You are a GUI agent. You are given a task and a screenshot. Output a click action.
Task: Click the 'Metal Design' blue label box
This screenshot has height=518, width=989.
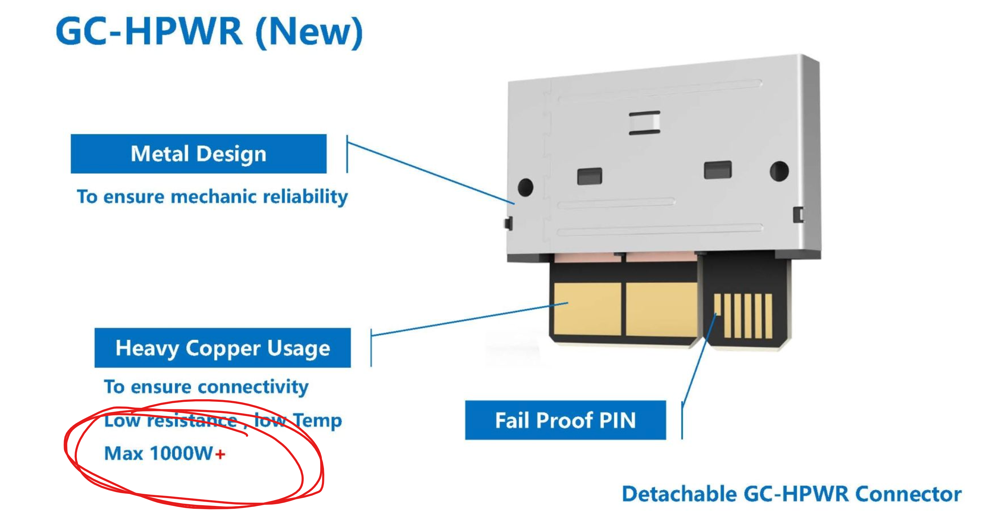pos(199,153)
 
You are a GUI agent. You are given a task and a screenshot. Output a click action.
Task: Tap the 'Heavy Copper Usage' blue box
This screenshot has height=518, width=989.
pos(223,347)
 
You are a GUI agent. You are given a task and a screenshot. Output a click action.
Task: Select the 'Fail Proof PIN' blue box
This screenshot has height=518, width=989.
pos(566,420)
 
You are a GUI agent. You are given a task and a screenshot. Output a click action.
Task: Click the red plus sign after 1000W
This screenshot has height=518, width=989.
pos(220,454)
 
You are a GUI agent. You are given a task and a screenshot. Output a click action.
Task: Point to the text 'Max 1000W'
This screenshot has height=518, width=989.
pos(158,453)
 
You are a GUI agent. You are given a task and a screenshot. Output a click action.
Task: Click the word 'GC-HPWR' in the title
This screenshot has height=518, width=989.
pos(149,32)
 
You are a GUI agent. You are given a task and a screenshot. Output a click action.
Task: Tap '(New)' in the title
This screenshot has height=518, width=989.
pos(309,33)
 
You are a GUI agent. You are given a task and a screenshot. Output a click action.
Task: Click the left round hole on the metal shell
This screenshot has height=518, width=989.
pos(525,187)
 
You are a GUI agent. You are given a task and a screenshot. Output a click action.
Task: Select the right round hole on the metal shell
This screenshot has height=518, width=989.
pos(779,171)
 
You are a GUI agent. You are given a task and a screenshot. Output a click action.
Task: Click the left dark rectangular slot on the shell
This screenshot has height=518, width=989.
pos(590,176)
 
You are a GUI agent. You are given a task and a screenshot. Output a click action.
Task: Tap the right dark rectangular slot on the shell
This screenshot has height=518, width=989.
pos(718,170)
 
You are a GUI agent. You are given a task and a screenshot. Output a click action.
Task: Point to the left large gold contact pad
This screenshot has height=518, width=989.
pos(588,309)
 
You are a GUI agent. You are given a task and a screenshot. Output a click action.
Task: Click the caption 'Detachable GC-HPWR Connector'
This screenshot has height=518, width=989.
pos(791,494)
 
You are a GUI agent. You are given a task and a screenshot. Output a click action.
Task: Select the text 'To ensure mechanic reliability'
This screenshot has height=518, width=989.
pos(212,197)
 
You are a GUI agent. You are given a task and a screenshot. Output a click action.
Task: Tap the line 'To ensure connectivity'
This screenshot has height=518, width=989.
pos(206,387)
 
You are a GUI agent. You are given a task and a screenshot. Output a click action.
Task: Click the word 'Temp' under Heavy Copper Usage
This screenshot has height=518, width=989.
pos(318,420)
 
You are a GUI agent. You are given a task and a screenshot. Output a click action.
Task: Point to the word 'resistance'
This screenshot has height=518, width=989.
pos(192,420)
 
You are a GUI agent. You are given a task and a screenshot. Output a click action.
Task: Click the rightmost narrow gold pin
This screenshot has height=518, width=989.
pos(769,316)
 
